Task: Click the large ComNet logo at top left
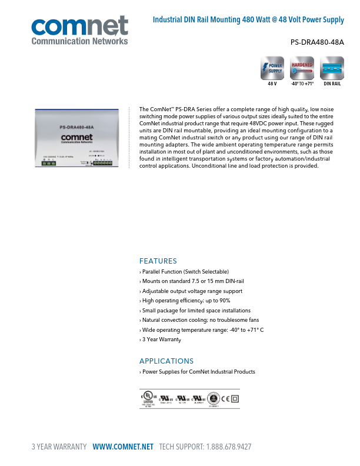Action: click(x=79, y=30)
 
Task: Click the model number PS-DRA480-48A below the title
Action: click(x=317, y=42)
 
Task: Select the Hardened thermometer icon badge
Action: click(x=302, y=69)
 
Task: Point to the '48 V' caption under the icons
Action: click(x=272, y=84)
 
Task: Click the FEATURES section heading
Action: click(x=158, y=261)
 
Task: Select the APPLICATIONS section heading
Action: click(x=166, y=361)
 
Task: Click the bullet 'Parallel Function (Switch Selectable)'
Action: click(x=185, y=272)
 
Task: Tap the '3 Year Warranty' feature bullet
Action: click(x=161, y=339)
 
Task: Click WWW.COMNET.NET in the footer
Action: click(x=123, y=447)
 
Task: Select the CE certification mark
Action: click(x=225, y=398)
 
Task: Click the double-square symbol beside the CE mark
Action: click(x=235, y=398)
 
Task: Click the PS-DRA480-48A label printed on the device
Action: click(x=76, y=127)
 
